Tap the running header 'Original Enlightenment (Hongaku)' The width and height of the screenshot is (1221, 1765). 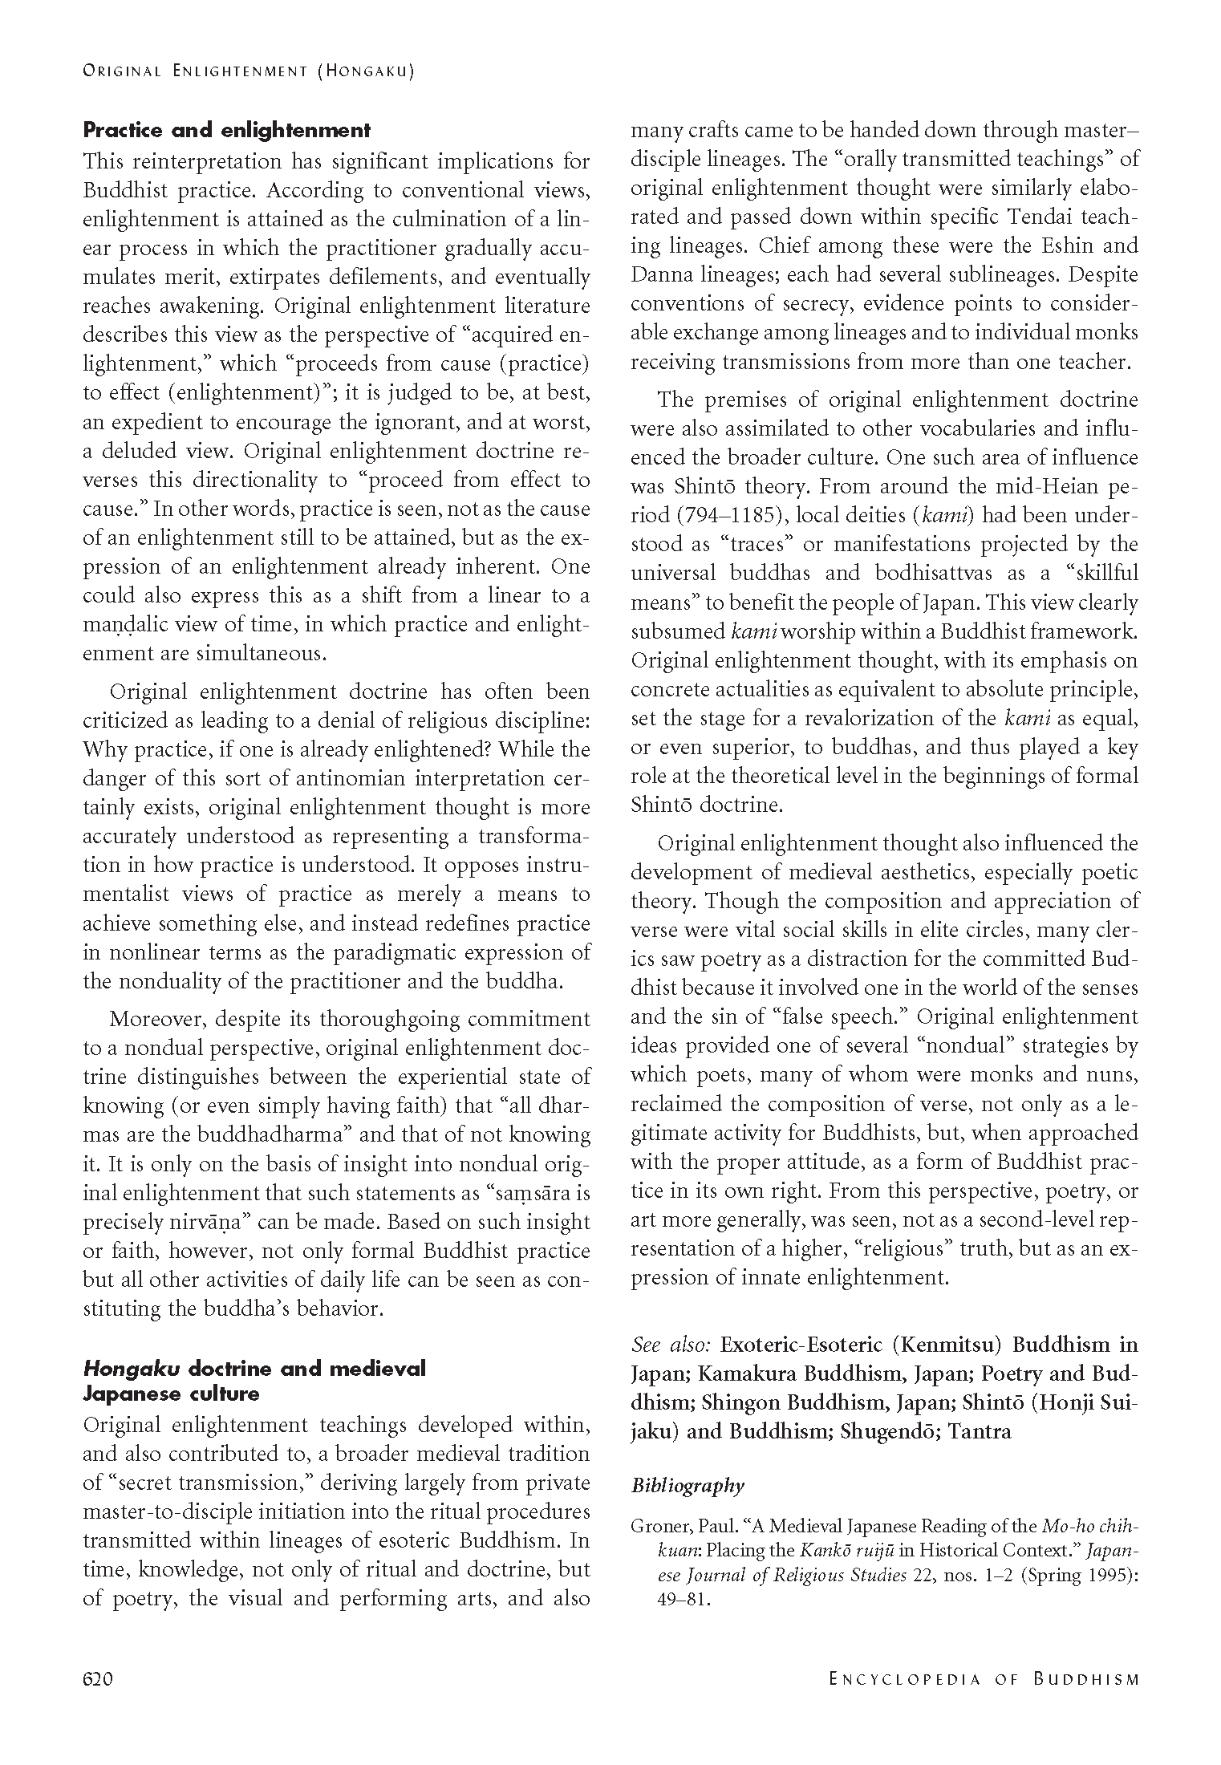point(248,71)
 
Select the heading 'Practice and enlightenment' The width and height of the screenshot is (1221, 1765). point(227,130)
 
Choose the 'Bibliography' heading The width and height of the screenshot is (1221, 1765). point(688,1486)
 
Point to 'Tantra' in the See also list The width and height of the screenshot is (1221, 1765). point(980,1431)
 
